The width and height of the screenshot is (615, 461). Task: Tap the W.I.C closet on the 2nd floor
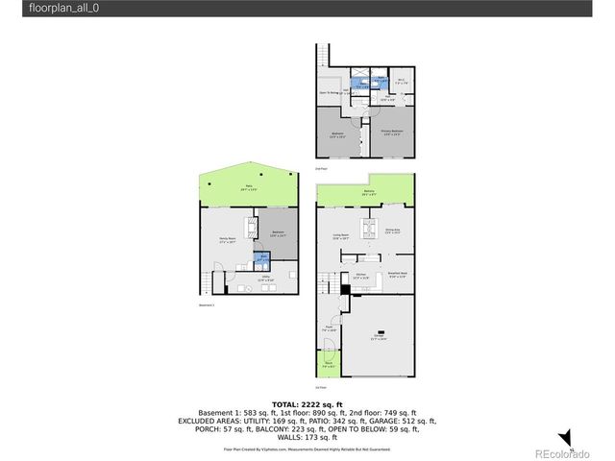(404, 83)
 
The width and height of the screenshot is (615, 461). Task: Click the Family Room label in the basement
(227, 240)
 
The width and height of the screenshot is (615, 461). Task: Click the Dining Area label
(393, 231)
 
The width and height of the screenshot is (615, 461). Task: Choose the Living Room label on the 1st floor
(340, 235)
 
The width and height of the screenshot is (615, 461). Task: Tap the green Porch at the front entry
(328, 365)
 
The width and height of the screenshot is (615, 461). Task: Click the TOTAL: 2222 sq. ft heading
(307, 404)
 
